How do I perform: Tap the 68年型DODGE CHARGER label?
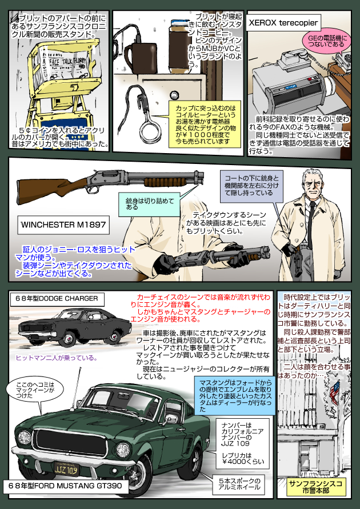point(57,299)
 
